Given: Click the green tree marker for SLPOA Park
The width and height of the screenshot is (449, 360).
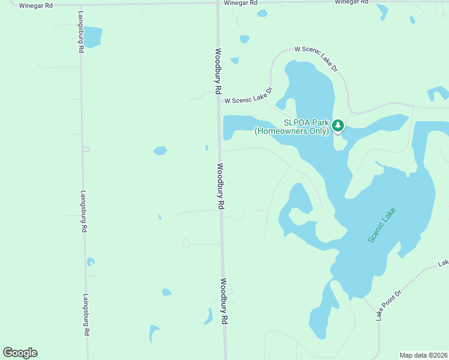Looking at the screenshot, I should (338, 125).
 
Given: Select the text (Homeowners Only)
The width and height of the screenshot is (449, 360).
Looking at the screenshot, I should (292, 130).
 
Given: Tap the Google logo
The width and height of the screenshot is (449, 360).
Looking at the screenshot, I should (20, 353).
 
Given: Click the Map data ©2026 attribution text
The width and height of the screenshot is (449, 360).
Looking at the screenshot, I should (423, 355).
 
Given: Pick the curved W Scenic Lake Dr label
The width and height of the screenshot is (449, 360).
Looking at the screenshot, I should (316, 59).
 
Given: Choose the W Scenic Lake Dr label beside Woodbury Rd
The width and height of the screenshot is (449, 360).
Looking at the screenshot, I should (249, 96).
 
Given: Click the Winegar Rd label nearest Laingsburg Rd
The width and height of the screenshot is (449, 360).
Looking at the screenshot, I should (36, 5).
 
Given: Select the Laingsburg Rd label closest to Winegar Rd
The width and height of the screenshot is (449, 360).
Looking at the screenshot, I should (80, 32).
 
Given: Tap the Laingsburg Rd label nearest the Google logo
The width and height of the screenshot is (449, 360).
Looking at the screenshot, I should (86, 314).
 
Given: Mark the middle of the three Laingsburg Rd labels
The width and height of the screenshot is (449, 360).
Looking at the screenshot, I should (83, 212).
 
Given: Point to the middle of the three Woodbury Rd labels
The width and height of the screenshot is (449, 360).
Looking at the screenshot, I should (220, 186).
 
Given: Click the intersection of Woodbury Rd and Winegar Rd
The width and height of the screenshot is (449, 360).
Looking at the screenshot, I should (217, 3).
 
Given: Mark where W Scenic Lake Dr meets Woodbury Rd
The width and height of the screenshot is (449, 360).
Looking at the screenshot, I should (219, 101).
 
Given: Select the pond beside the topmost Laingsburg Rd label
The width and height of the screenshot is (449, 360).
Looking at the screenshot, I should (92, 37).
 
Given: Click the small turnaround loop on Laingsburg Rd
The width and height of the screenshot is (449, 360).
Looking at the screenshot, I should (86, 149).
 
